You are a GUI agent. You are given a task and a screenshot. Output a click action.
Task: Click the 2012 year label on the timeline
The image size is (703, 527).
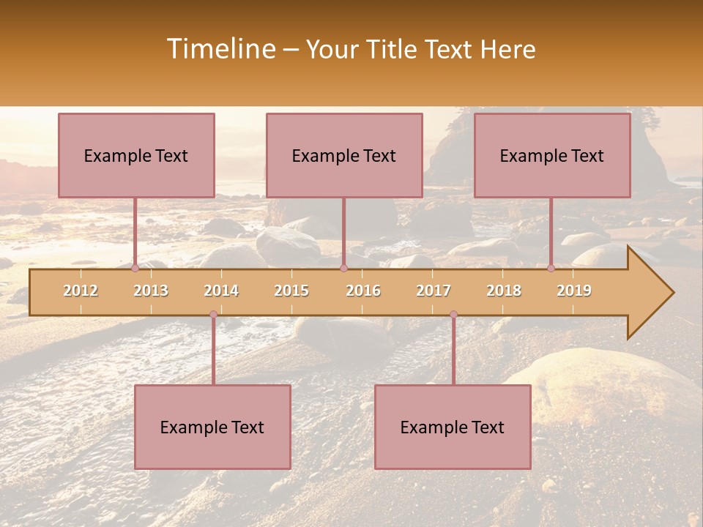point(81,291)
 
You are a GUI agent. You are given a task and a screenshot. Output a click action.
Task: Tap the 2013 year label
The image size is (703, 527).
point(151,291)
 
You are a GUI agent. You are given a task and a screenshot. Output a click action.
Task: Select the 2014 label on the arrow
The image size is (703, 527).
point(221,291)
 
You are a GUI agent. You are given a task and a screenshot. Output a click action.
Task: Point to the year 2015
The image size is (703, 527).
point(291,291)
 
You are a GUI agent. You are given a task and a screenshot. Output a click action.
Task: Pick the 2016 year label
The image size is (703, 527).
point(363,291)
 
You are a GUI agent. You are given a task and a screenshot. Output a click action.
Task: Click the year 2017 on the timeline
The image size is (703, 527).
point(434,291)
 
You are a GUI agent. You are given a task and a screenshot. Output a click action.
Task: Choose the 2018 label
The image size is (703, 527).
point(504,291)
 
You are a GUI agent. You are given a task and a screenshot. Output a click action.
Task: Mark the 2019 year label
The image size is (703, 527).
point(574,291)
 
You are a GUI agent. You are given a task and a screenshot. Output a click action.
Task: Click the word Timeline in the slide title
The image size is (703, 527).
point(219,49)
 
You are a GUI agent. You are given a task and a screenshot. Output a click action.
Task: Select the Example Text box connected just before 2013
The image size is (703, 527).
point(136,155)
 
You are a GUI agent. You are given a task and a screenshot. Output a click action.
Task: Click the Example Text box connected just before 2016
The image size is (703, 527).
point(344,155)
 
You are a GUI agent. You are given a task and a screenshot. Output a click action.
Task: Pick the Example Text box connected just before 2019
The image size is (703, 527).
point(552,155)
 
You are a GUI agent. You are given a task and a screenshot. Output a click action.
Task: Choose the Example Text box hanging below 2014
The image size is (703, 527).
point(212,427)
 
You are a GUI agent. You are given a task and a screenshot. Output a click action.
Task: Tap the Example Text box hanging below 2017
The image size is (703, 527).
point(453,427)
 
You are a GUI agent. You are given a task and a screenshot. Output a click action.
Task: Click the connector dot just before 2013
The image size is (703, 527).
point(135,268)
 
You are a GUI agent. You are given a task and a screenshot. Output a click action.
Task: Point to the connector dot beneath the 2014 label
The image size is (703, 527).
point(213,314)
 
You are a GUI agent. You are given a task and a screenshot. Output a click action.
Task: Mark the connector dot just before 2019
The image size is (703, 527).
point(551,268)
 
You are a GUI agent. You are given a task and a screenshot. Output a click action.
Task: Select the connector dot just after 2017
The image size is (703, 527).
point(453,314)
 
